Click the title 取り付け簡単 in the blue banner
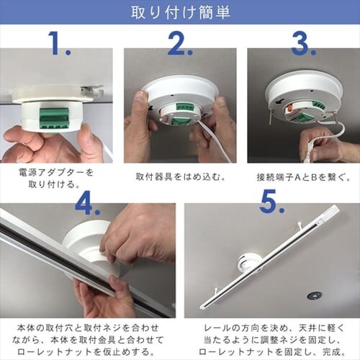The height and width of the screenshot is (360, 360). coord(179,13)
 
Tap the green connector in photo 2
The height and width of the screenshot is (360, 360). coord(181,117)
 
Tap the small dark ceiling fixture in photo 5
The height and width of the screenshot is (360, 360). coord(314,295)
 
